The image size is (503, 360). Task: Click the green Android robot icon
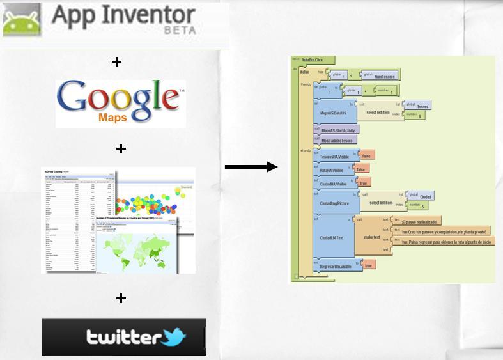coord(21,20)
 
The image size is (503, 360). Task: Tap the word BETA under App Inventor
coord(180,30)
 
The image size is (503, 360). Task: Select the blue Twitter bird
coord(172,336)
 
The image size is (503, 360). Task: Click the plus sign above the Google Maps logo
coord(116,62)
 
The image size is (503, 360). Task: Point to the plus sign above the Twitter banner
coord(120,298)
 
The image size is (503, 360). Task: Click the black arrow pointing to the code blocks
coord(251,168)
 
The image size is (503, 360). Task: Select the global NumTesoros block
coord(382,75)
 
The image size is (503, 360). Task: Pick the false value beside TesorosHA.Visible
coord(367,155)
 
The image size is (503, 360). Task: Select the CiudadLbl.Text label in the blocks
coord(332,238)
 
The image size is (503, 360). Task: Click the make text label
coord(372,237)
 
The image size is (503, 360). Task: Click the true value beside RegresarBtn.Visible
coord(368,265)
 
